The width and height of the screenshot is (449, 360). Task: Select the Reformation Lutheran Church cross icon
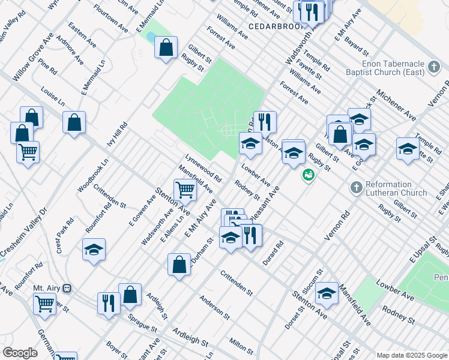pyautogui.click(x=355, y=188)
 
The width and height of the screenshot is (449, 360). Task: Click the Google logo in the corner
pyautogui.click(x=19, y=353)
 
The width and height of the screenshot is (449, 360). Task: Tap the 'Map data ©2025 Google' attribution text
pyautogui.click(x=411, y=355)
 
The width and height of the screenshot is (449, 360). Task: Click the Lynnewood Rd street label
pyautogui.click(x=203, y=170)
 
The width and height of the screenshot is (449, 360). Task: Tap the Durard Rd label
pyautogui.click(x=273, y=253)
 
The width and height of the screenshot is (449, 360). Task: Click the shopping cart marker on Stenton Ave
pyautogui.click(x=185, y=190)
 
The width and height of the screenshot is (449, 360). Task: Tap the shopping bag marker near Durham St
pyautogui.click(x=179, y=265)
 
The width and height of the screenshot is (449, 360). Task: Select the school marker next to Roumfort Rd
pyautogui.click(x=94, y=250)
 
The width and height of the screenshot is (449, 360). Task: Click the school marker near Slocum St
pyautogui.click(x=327, y=293)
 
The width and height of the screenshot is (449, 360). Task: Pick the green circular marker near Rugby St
pyautogui.click(x=309, y=175)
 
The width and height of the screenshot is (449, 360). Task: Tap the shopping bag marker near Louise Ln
pyautogui.click(x=74, y=122)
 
